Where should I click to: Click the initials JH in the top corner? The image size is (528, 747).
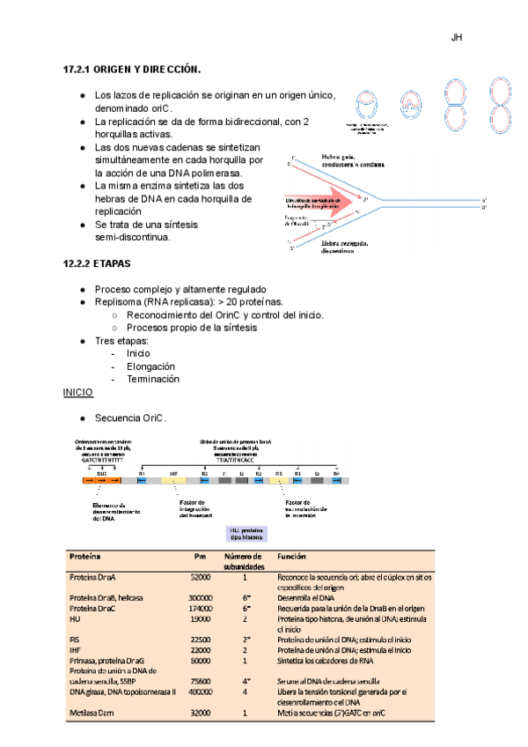click(x=457, y=39)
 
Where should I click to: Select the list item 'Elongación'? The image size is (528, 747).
click(x=151, y=366)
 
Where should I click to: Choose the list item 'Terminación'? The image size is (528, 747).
click(x=153, y=379)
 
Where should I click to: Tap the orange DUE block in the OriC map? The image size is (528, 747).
click(x=102, y=481)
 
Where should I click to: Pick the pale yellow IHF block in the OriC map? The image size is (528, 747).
click(x=173, y=481)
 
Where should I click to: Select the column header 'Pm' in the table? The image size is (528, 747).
click(x=200, y=558)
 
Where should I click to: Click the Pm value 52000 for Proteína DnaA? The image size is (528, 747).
click(x=200, y=578)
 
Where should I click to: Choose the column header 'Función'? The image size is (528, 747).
click(x=291, y=558)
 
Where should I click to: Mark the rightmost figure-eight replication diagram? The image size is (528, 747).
click(x=502, y=111)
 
